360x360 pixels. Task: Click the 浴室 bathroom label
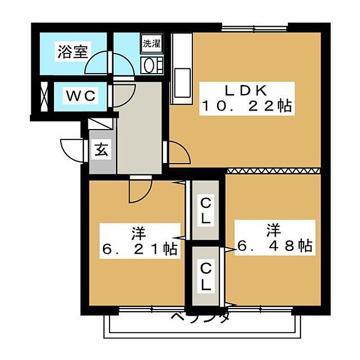[x=73, y=51]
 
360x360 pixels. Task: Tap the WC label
[x=81, y=96]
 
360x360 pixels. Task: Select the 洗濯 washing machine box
[x=152, y=44]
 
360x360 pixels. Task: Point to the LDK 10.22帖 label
[x=247, y=99]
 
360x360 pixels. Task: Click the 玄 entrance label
[x=101, y=149]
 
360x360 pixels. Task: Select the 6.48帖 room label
[x=275, y=238]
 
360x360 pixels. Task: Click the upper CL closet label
[x=206, y=211]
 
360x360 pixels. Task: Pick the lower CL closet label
[x=206, y=277]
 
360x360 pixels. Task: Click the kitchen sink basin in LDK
[x=183, y=83]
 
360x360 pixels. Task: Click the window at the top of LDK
[x=255, y=29]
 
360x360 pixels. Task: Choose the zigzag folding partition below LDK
[x=274, y=171]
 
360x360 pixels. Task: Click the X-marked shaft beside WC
[x=44, y=97]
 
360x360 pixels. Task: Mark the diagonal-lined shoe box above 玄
[x=101, y=124]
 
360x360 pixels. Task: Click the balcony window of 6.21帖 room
[x=152, y=310]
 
